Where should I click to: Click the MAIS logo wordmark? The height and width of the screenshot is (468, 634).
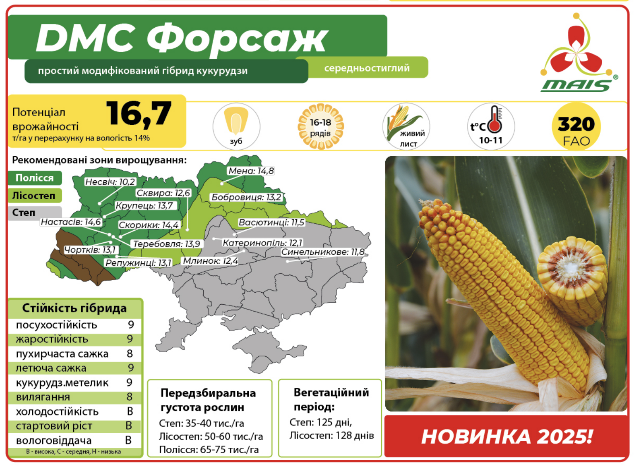click(576, 86)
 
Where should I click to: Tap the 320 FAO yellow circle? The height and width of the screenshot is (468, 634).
click(576, 127)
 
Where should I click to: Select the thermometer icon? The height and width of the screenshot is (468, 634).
click(495, 119)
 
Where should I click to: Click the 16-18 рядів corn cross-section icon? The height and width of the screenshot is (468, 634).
click(321, 127)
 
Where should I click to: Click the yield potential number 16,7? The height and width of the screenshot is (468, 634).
click(139, 114)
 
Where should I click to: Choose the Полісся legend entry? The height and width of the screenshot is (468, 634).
click(35, 178)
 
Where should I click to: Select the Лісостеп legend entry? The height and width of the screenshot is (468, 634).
click(35, 196)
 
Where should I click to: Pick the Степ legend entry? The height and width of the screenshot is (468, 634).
click(35, 213)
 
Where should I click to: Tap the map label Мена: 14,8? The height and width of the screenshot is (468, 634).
click(251, 171)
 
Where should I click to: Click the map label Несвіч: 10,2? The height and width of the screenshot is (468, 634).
click(110, 181)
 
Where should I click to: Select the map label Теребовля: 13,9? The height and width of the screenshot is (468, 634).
click(167, 244)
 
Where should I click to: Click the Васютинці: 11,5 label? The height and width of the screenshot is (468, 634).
click(271, 222)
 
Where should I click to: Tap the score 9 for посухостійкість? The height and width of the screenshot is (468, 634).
click(131, 325)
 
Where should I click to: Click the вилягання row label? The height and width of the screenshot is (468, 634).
click(43, 397)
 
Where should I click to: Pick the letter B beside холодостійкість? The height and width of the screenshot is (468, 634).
click(130, 411)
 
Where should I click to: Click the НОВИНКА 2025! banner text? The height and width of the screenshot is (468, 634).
click(507, 437)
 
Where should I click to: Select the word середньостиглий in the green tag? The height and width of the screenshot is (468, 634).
click(367, 68)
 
